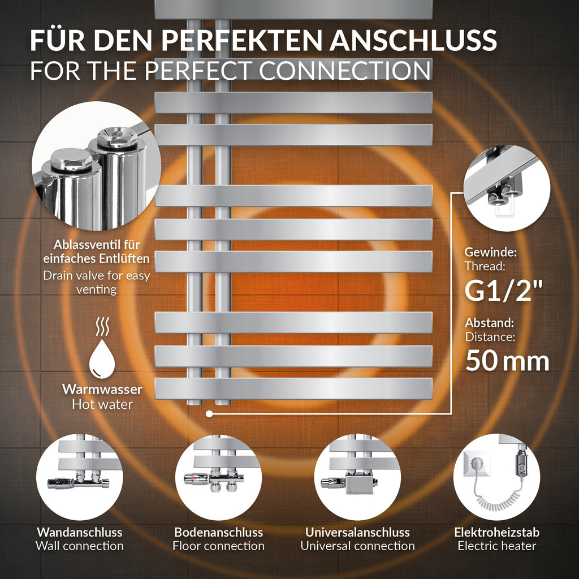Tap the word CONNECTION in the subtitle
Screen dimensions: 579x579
pos(345,70)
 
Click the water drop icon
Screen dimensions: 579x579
pos(102,358)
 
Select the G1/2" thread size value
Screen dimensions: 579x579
pos(504,291)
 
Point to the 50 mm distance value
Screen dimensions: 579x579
pos(507,360)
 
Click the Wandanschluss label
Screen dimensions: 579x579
pos(79,532)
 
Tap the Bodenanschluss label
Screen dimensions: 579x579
pos(219,532)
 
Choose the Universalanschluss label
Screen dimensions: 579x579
pos(357,532)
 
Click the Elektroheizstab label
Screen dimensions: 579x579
pos(496,532)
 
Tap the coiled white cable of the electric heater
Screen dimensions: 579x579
pos(502,495)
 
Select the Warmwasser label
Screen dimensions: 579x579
pos(102,389)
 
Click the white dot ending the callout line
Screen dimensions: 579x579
pos(209,414)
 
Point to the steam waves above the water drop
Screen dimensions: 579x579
pos(102,326)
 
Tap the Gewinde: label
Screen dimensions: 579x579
pos(490,252)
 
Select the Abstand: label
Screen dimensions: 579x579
pos(489,322)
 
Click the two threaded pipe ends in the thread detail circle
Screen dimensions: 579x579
pos(502,195)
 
